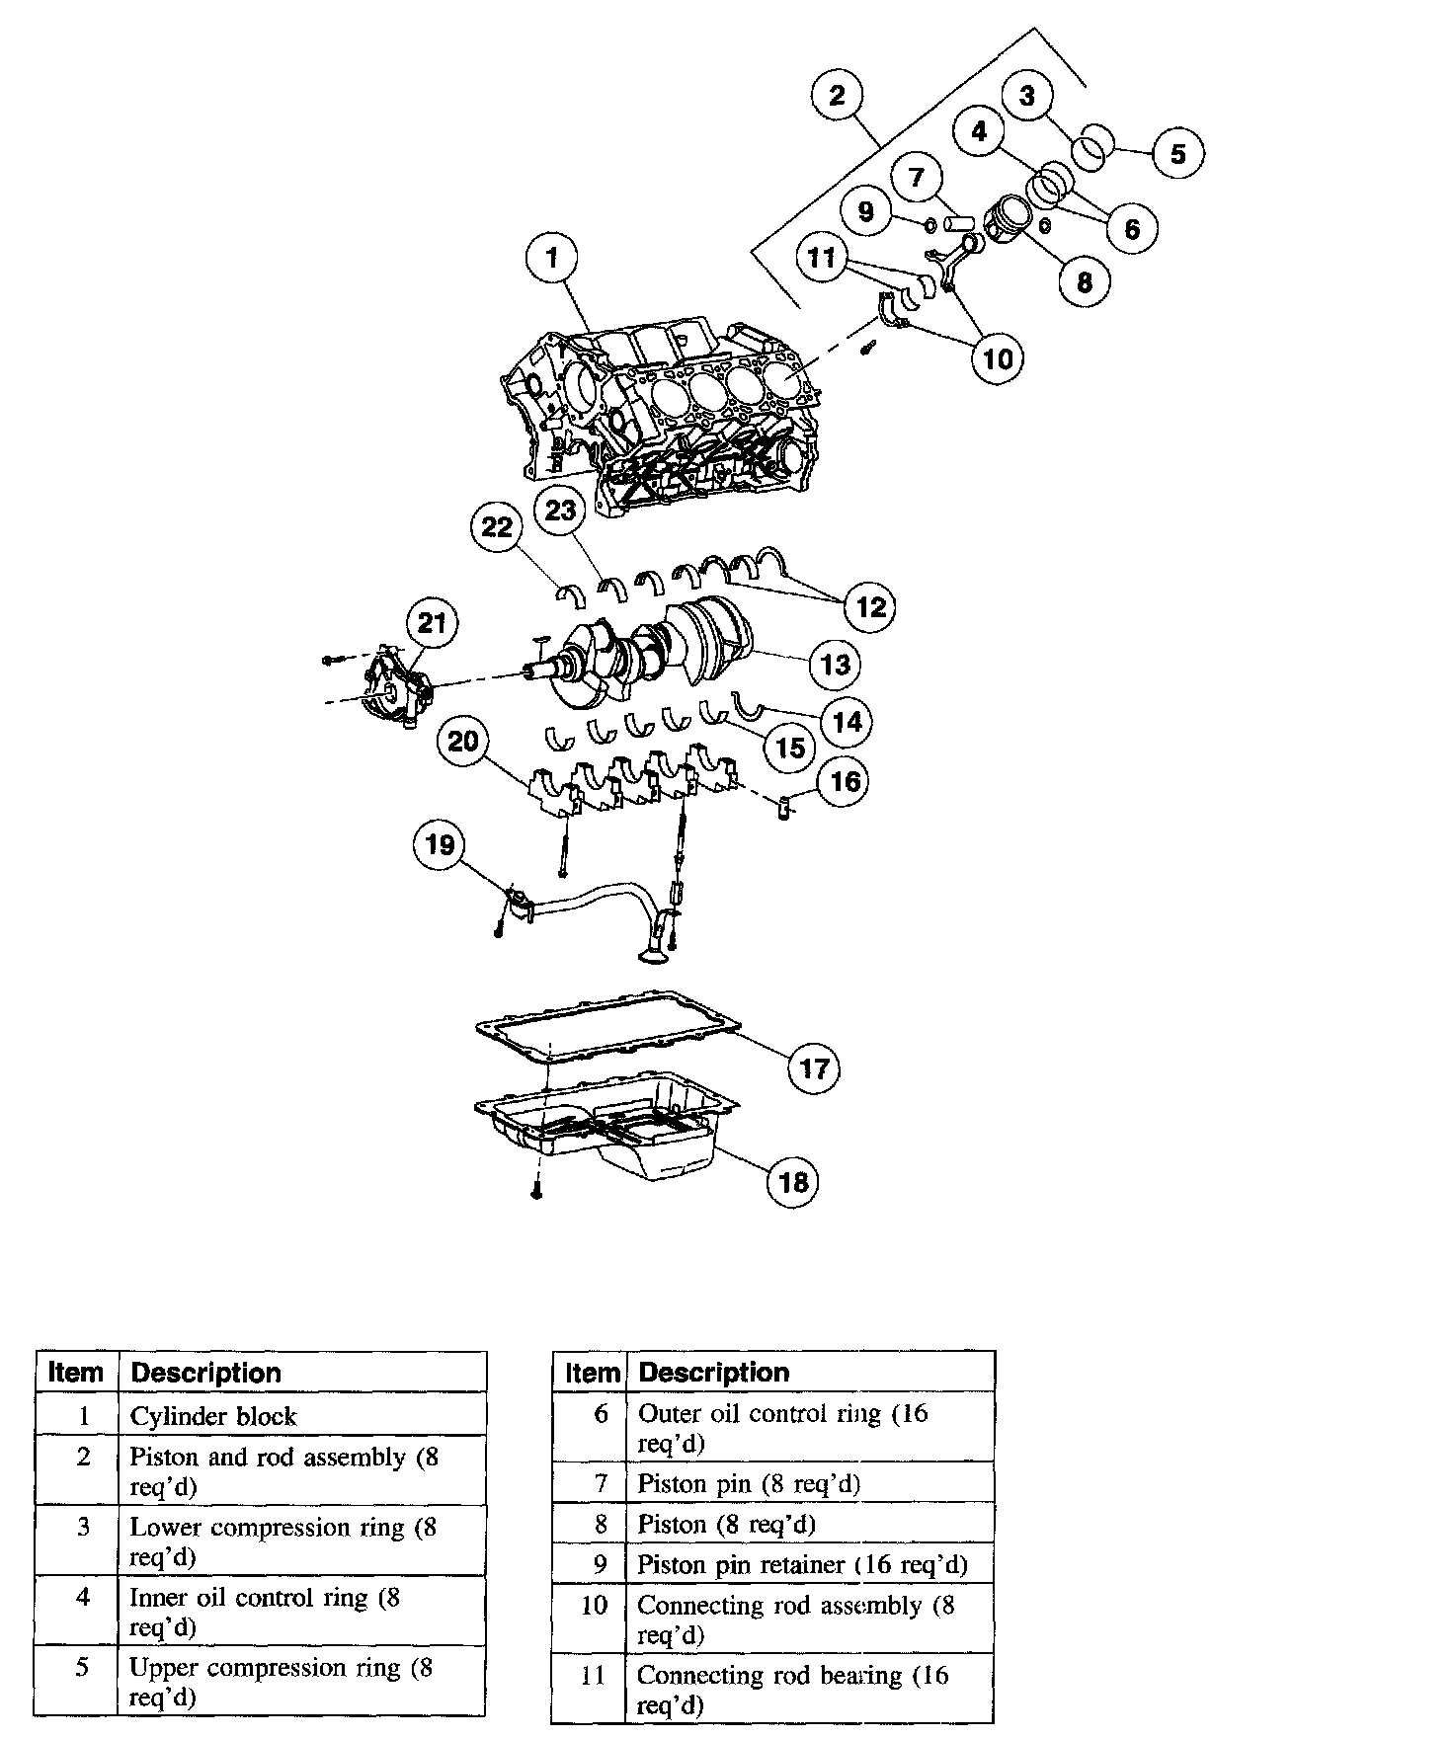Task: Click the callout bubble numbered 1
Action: pyautogui.click(x=552, y=259)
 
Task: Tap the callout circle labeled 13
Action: pyautogui.click(x=836, y=664)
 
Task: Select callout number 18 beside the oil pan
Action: pyautogui.click(x=794, y=1181)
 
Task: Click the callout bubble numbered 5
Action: pyautogui.click(x=1177, y=153)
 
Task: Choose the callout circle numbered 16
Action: pyautogui.click(x=846, y=782)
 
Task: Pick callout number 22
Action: pyautogui.click(x=497, y=527)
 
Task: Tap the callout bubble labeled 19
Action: pyautogui.click(x=440, y=845)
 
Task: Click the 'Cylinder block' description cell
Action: pyautogui.click(x=302, y=1416)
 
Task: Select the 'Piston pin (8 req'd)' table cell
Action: pyautogui.click(x=810, y=1483)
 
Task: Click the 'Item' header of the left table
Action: pyautogui.click(x=76, y=1373)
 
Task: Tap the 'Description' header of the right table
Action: pyautogui.click(x=810, y=1373)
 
